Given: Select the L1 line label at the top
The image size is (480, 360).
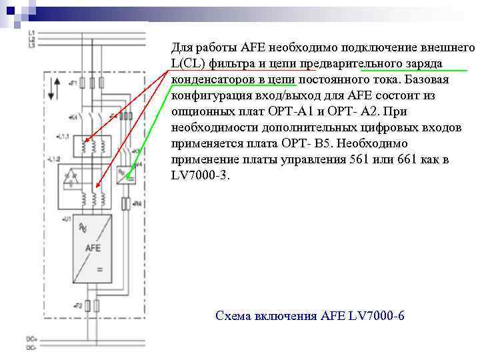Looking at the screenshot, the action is click(31, 32).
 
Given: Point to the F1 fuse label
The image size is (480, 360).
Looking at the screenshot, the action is click(71, 83).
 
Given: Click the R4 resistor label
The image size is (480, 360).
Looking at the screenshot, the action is click(137, 202).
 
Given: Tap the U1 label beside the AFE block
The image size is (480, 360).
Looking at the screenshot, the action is click(67, 219).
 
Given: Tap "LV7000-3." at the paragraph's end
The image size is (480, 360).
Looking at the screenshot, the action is click(200, 175).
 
